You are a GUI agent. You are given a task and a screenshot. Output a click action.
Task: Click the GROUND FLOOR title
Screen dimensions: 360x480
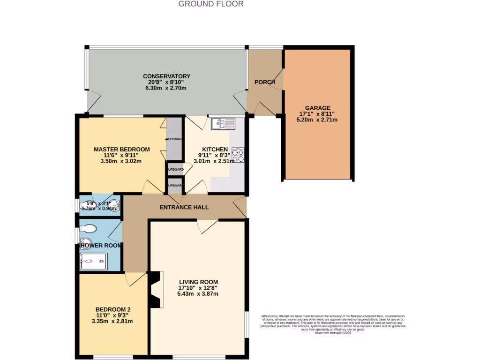point(211,4)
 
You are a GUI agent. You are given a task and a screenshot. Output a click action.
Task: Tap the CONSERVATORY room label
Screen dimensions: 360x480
point(166,76)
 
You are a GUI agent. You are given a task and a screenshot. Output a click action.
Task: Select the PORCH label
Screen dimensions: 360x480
point(264,82)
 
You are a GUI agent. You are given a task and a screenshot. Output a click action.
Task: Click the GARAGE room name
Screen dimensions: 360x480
point(317,107)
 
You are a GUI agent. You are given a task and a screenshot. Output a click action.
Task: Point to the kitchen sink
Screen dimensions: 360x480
point(224,124)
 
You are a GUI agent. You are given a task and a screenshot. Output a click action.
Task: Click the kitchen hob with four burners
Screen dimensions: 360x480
point(238,155)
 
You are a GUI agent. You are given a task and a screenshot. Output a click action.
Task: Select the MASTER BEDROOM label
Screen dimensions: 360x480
point(121,150)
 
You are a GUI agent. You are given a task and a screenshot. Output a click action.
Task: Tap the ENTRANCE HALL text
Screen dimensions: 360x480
point(184,207)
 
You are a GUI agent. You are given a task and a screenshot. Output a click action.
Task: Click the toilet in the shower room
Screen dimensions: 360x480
point(88,228)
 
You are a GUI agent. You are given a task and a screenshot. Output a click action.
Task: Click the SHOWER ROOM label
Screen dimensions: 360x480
point(101,245)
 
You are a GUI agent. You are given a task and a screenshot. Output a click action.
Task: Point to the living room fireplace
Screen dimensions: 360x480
point(156,290)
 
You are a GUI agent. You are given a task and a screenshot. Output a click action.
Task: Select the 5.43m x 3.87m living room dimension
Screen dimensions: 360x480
point(197,294)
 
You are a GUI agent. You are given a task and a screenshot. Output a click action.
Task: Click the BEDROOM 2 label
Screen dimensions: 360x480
point(112,309)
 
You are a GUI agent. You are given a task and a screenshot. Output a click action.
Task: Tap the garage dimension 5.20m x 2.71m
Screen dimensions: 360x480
point(317,120)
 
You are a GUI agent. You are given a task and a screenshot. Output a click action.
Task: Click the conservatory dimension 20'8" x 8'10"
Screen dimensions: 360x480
point(166,82)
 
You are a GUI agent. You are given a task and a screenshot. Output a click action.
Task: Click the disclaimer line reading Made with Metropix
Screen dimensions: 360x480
point(333,333)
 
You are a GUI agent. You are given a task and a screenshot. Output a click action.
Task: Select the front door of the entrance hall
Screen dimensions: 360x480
point(240,207)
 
